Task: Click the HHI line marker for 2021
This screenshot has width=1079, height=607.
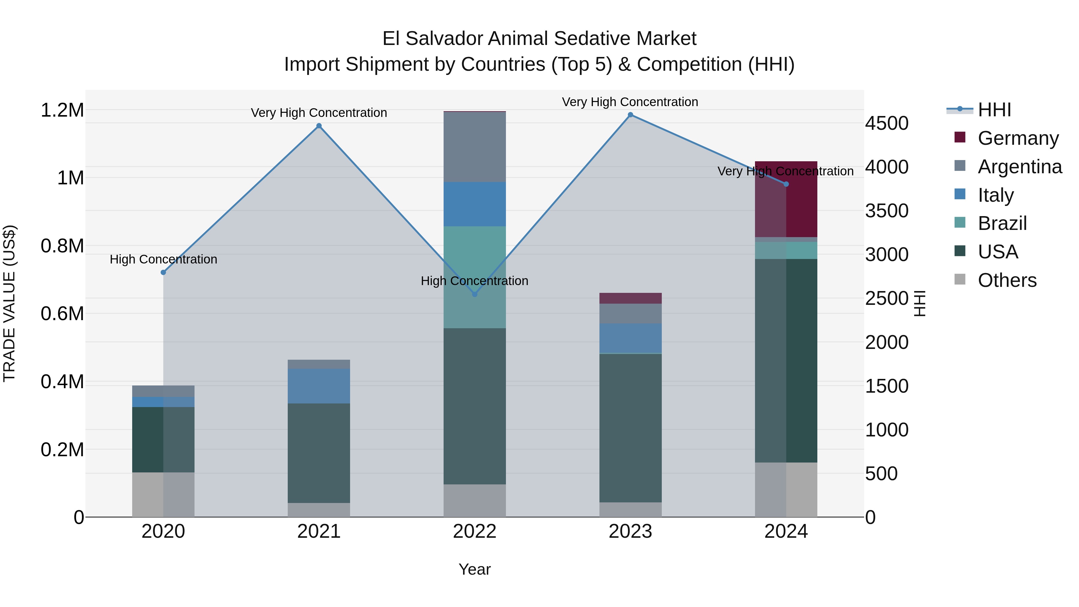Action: tap(319, 126)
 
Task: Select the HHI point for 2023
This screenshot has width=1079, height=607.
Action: tap(630, 115)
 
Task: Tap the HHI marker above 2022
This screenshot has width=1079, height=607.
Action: tap(474, 294)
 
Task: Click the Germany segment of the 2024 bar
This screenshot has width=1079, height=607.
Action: tap(786, 199)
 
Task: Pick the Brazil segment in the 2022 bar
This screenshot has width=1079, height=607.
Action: tap(474, 277)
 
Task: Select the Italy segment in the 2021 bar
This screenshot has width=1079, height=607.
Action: tap(319, 386)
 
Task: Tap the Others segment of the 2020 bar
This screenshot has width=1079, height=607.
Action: tap(163, 494)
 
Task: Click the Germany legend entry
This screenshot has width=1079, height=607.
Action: tap(1018, 138)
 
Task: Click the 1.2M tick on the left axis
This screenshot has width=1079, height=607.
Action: tap(62, 111)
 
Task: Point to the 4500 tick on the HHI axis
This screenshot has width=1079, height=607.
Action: tap(887, 123)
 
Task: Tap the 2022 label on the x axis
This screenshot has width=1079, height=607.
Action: tap(474, 531)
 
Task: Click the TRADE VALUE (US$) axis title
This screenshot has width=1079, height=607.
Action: tap(9, 303)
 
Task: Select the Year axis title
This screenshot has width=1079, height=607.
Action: tap(474, 569)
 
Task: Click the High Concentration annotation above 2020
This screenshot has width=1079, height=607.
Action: tap(163, 259)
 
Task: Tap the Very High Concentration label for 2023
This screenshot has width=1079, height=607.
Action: tap(630, 102)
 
